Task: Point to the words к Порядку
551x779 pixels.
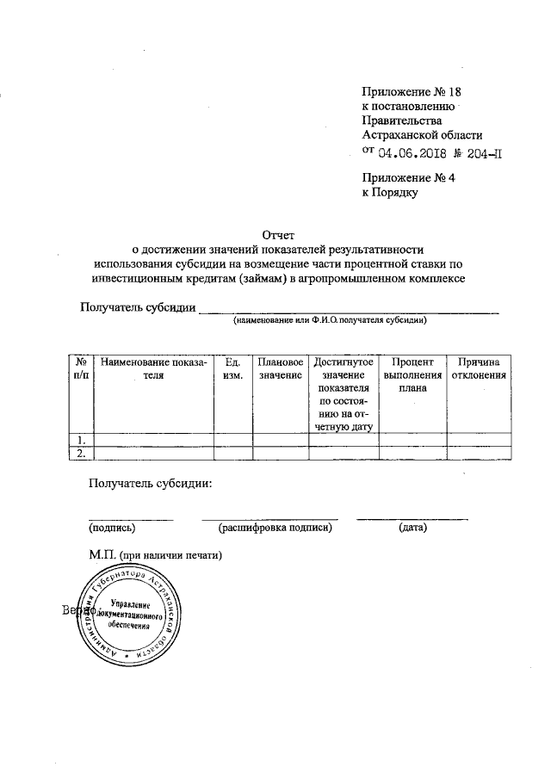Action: tap(389, 195)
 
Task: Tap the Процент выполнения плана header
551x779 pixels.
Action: tap(412, 375)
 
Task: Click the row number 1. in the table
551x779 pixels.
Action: tap(81, 440)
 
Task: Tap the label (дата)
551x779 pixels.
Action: tap(412, 527)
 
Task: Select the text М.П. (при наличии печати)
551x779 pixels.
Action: tap(156, 555)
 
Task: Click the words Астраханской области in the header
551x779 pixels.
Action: tap(422, 136)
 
